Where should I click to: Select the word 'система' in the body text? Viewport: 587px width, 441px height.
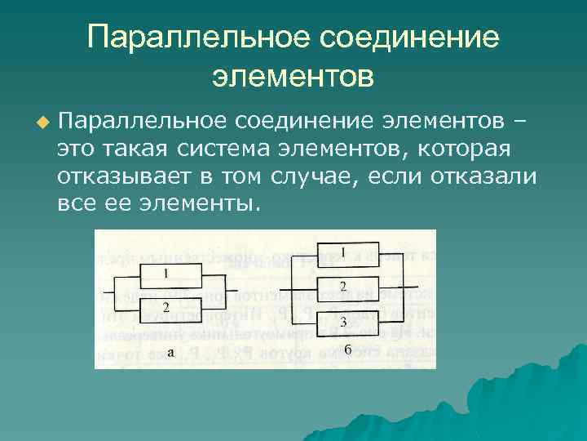click(x=226, y=149)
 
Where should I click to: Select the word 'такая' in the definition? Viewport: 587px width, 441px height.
click(x=139, y=149)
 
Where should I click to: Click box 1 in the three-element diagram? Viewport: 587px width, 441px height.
click(x=342, y=253)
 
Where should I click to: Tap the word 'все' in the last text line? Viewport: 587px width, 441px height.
click(x=77, y=203)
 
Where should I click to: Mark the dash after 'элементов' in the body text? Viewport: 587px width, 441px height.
click(x=519, y=122)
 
